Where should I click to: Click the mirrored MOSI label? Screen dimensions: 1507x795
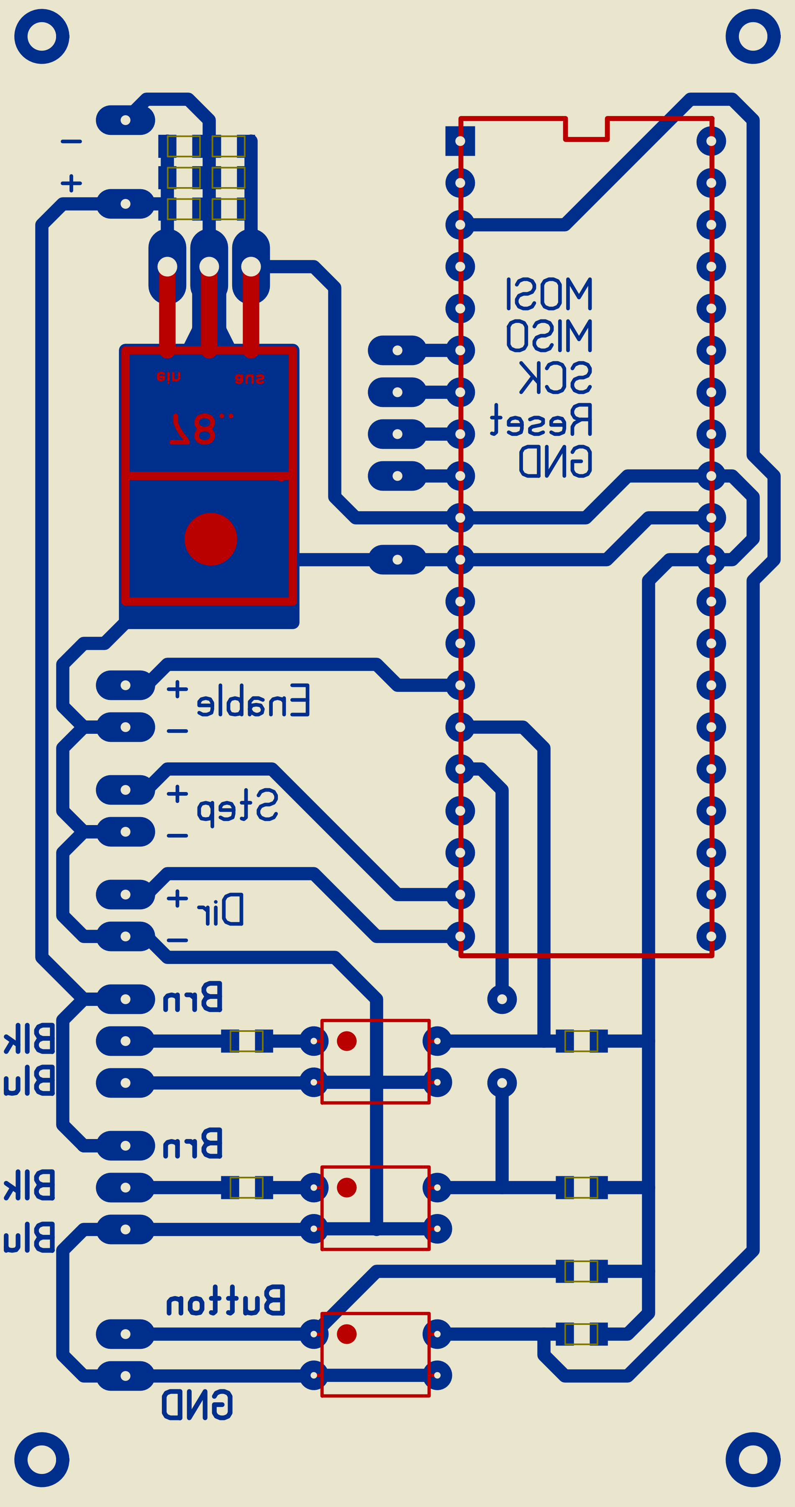549,294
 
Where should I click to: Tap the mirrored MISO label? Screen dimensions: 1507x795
549,335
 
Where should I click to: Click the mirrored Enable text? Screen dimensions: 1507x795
253,700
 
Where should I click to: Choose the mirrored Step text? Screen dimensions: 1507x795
237,806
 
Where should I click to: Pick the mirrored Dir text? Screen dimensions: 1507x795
221,910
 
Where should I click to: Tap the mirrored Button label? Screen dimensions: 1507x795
226,1301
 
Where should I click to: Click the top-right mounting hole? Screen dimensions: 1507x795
753,36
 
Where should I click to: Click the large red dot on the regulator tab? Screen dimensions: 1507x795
210,539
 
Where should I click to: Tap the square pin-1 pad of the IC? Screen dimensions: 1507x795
460,141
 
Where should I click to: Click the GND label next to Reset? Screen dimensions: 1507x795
555,461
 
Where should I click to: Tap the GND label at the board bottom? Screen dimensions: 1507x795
197,1404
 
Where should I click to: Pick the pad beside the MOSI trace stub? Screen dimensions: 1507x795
397,350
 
